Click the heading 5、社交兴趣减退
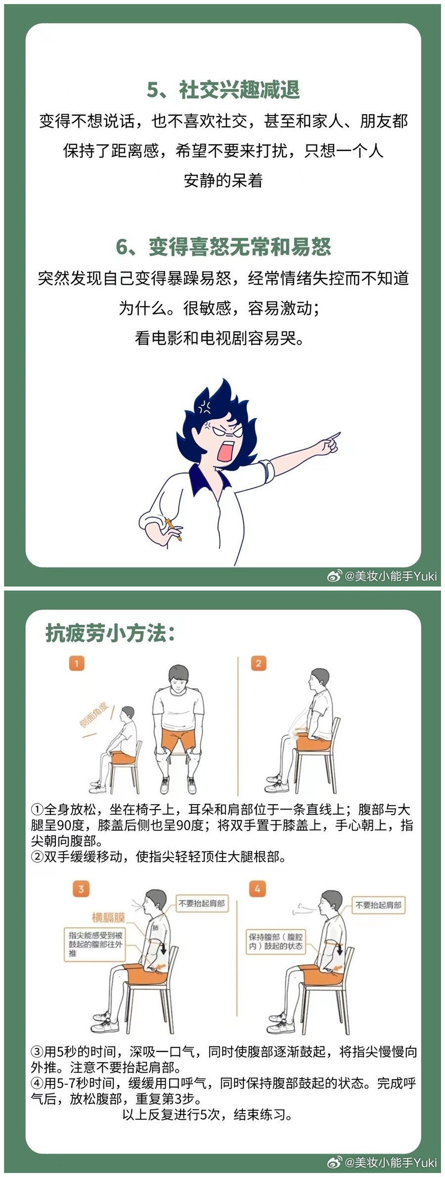[x=223, y=90]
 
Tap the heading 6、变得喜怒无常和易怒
[x=223, y=247]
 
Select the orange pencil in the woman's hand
[x=174, y=529]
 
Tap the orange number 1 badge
[x=77, y=663]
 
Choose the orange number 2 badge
[x=259, y=663]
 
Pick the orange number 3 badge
[x=81, y=889]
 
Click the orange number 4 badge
[x=257, y=889]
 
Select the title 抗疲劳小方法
[x=110, y=633]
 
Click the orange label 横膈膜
[x=108, y=918]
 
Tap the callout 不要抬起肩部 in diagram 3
[x=202, y=904]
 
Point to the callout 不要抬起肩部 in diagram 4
[x=379, y=905]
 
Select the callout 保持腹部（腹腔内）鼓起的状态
[x=276, y=942]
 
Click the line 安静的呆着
[x=223, y=181]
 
